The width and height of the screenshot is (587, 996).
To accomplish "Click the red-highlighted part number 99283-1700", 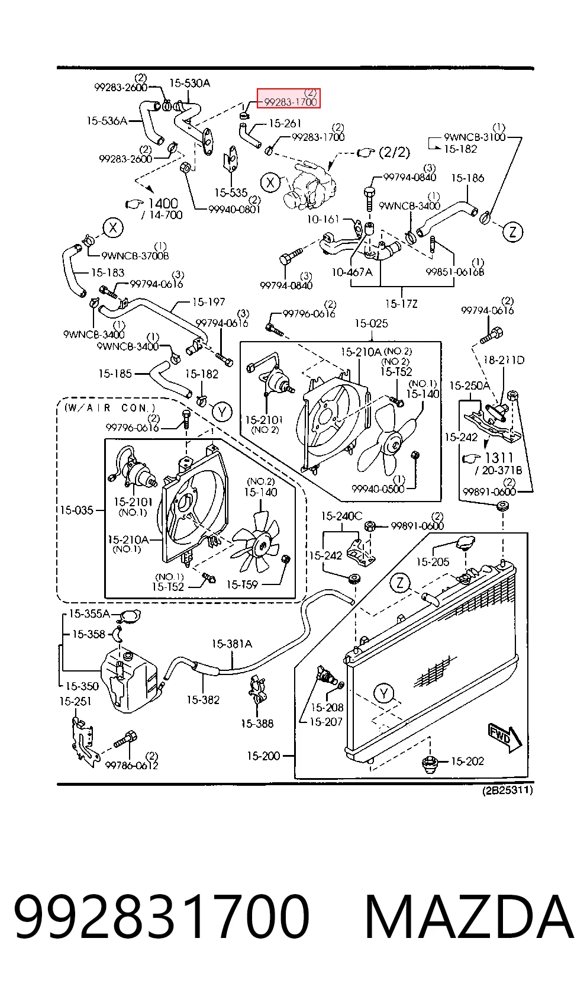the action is [x=290, y=102].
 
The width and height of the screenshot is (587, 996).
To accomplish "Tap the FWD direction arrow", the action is [x=505, y=739].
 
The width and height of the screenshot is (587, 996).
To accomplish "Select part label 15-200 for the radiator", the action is [x=263, y=756].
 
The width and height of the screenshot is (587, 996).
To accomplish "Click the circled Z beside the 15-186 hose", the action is [x=513, y=232].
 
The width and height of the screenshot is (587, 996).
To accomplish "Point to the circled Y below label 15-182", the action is [x=222, y=412].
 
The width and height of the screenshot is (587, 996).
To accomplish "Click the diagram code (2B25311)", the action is [x=508, y=790].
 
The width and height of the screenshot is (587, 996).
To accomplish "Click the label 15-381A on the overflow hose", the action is [x=231, y=644].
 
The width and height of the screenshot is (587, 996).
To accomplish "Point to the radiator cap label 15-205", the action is [x=433, y=562].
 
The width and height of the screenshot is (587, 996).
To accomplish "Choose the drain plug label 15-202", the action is [x=467, y=762].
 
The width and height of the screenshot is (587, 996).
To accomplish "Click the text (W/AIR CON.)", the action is [x=109, y=408].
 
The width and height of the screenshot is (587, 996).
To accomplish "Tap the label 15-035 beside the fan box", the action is [x=76, y=510].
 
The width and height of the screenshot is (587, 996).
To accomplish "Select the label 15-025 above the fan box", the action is [x=371, y=323].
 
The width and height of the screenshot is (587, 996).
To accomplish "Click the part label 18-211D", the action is [x=504, y=359].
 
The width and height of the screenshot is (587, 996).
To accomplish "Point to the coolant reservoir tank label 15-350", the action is [x=82, y=686].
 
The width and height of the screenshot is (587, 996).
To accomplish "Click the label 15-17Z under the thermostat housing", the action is [x=401, y=304].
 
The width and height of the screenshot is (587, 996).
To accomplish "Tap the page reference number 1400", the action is [x=163, y=204].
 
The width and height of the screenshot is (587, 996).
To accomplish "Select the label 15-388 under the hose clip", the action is [x=257, y=724].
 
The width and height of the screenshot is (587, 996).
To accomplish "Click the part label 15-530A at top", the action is [x=190, y=83].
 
